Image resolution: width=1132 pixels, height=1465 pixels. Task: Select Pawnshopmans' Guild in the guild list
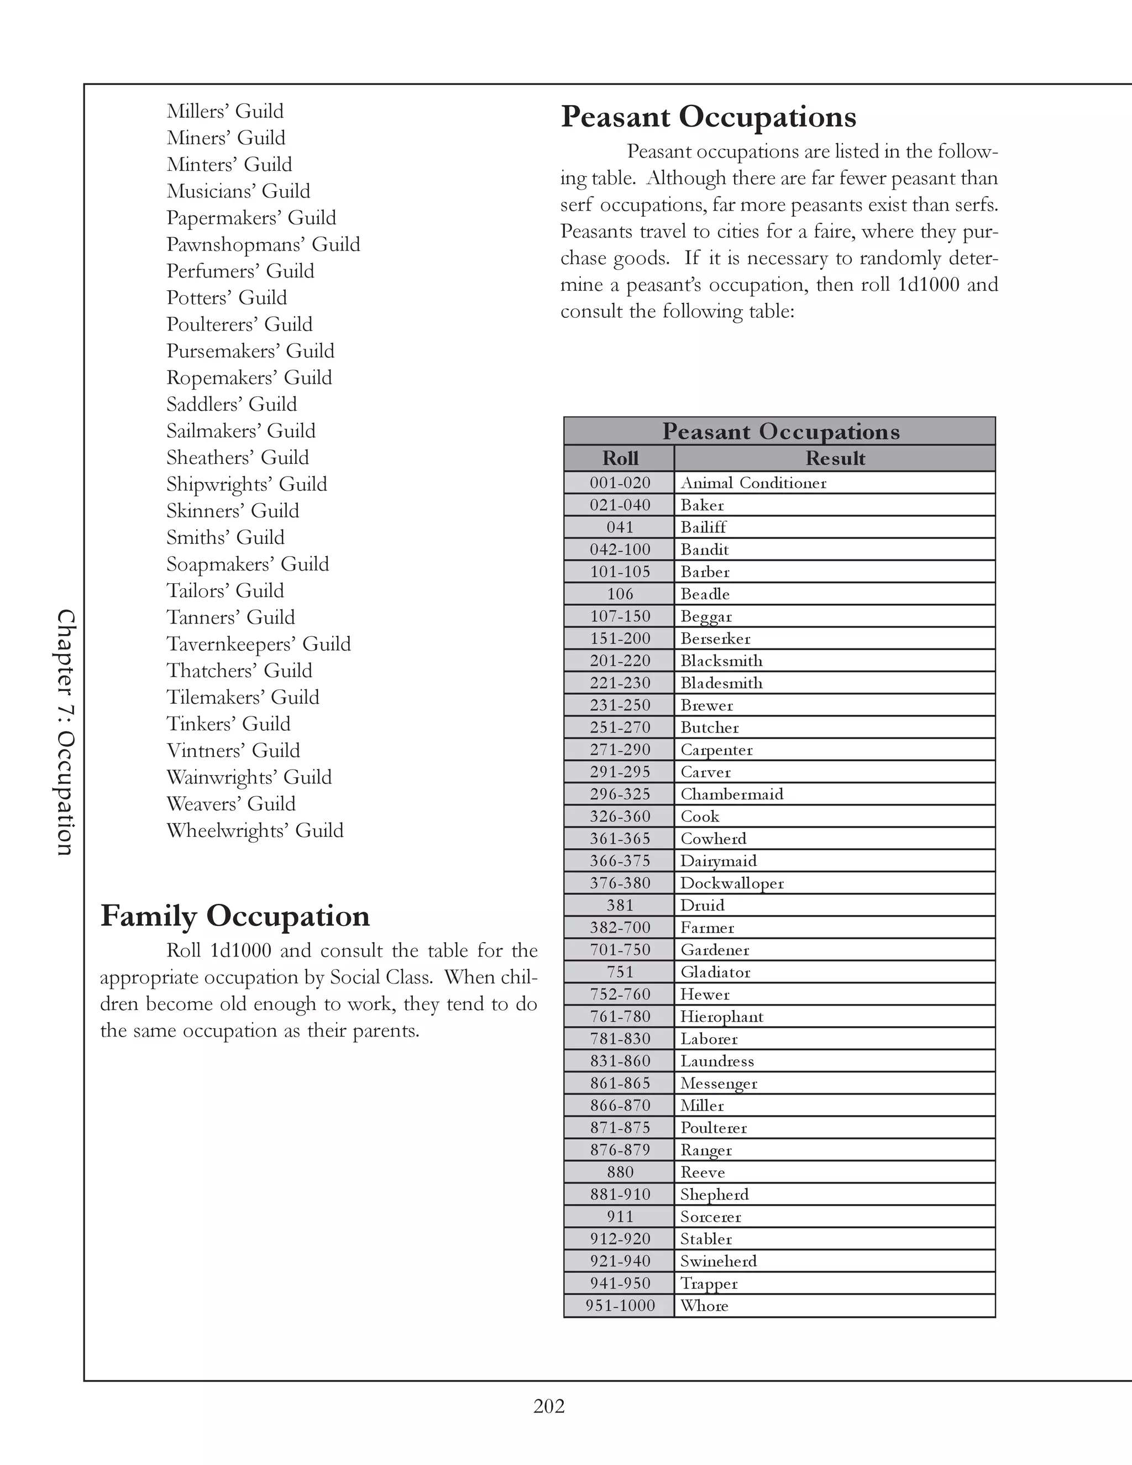pos(263,244)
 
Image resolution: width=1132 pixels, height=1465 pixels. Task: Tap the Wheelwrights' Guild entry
pos(255,830)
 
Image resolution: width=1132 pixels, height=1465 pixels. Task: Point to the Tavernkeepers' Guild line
pos(258,644)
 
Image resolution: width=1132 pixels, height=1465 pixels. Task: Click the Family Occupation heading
pos(235,916)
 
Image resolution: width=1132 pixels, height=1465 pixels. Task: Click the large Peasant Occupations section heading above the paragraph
pos(708,117)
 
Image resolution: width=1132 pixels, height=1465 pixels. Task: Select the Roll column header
pos(620,458)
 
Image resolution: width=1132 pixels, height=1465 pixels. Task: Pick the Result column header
pos(835,458)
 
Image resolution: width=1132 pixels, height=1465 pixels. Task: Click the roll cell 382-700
pos(620,928)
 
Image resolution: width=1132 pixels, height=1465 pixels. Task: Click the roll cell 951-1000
pos(620,1305)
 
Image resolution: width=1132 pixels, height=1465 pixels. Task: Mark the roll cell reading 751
pos(620,972)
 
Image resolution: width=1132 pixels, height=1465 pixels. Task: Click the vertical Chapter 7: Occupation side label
pos(65,732)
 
